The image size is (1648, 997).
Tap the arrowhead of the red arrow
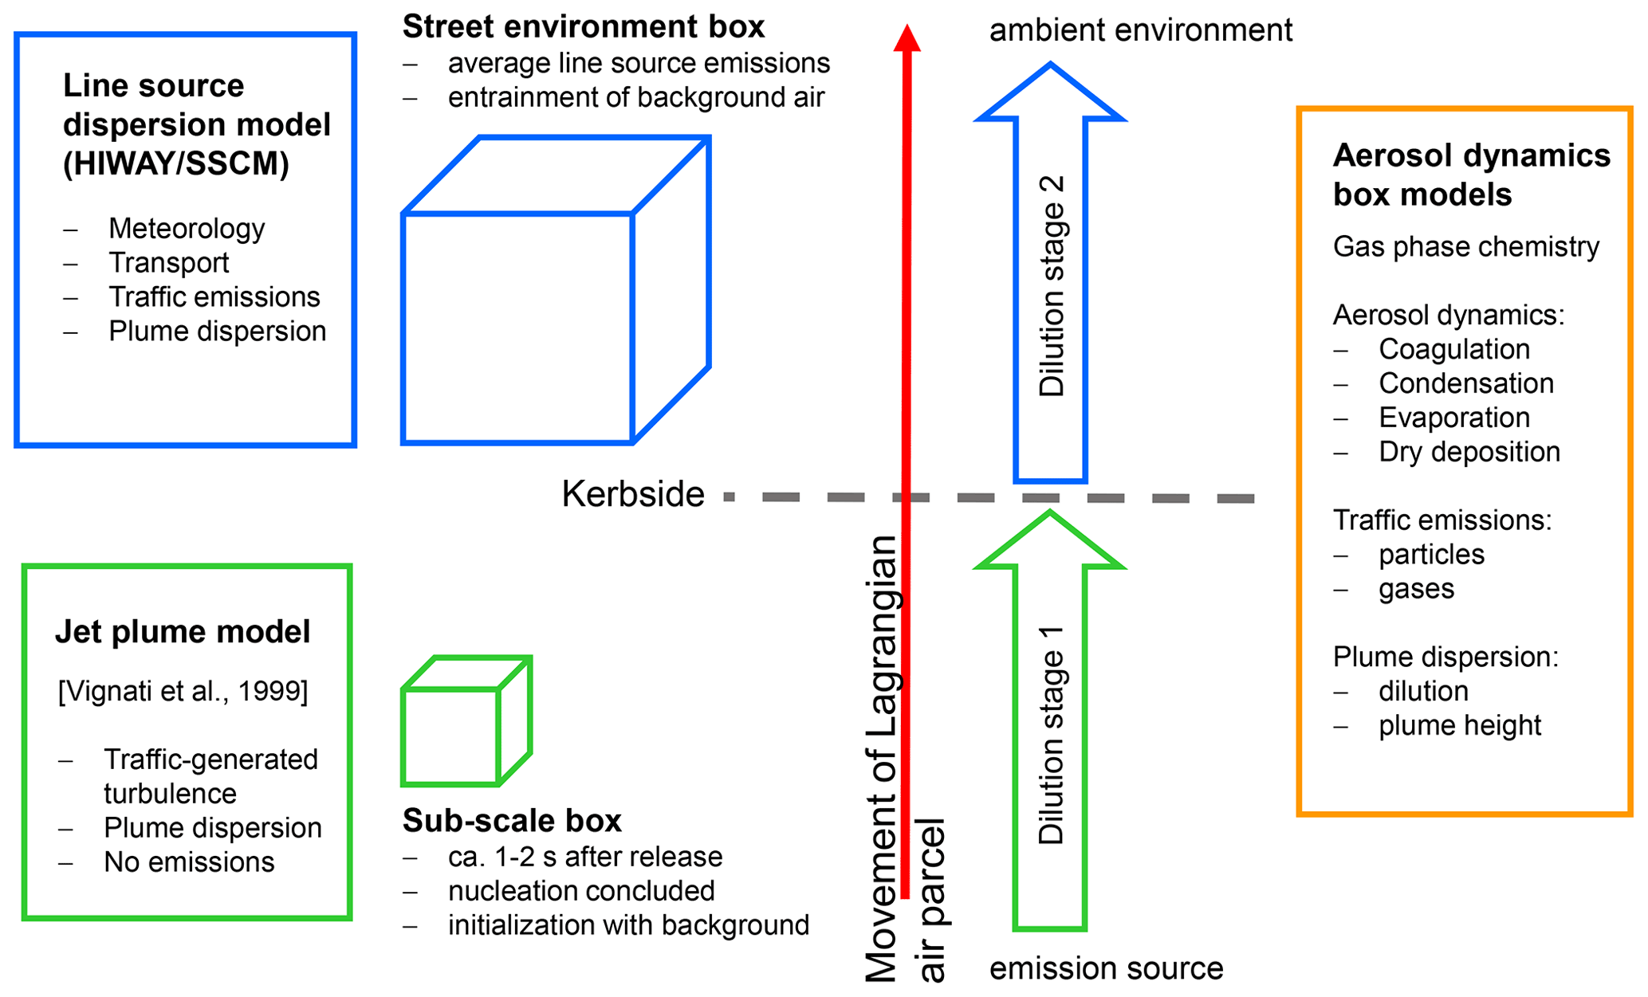point(907,37)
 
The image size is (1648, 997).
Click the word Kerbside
point(633,494)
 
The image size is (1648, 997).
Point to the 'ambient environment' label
point(1140,30)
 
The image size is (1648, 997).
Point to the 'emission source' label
point(1106,968)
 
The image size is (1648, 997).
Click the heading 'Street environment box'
point(583,26)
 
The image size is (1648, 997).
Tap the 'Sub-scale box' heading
point(512,820)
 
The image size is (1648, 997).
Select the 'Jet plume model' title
point(183,631)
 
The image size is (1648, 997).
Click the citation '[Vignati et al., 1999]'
point(183,690)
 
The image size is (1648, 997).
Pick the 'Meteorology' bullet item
point(187,229)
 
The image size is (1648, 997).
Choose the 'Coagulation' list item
point(1454,349)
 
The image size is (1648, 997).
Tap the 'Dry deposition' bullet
point(1469,452)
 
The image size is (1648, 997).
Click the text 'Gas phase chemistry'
point(1465,247)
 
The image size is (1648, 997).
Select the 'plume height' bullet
point(1459,725)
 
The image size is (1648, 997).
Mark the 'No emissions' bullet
point(189,862)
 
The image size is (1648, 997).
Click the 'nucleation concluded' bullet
point(580,891)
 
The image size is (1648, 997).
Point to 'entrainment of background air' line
point(635,97)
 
